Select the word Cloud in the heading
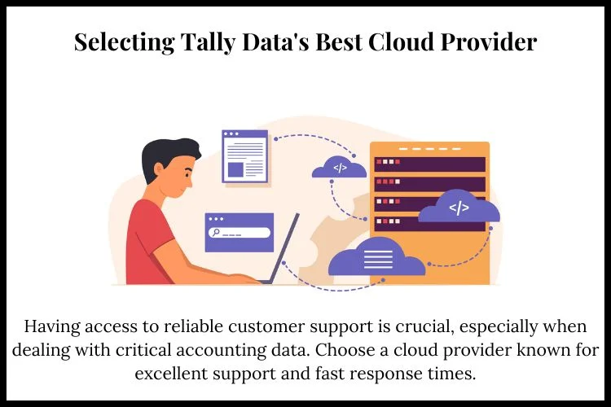pyautogui.click(x=401, y=42)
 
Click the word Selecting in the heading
pyautogui.click(x=125, y=42)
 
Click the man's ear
pyautogui.click(x=159, y=170)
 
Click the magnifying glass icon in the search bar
pyautogui.click(x=214, y=233)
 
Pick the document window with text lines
pyautogui.click(x=244, y=156)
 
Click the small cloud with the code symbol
pyautogui.click(x=339, y=168)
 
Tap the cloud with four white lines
pyautogui.click(x=376, y=258)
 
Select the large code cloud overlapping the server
pyautogui.click(x=459, y=207)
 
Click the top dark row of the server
pyautogui.click(x=430, y=164)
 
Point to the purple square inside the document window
pyautogui.click(x=235, y=169)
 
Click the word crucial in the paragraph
pyautogui.click(x=424, y=326)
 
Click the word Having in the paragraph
pyautogui.click(x=52, y=327)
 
